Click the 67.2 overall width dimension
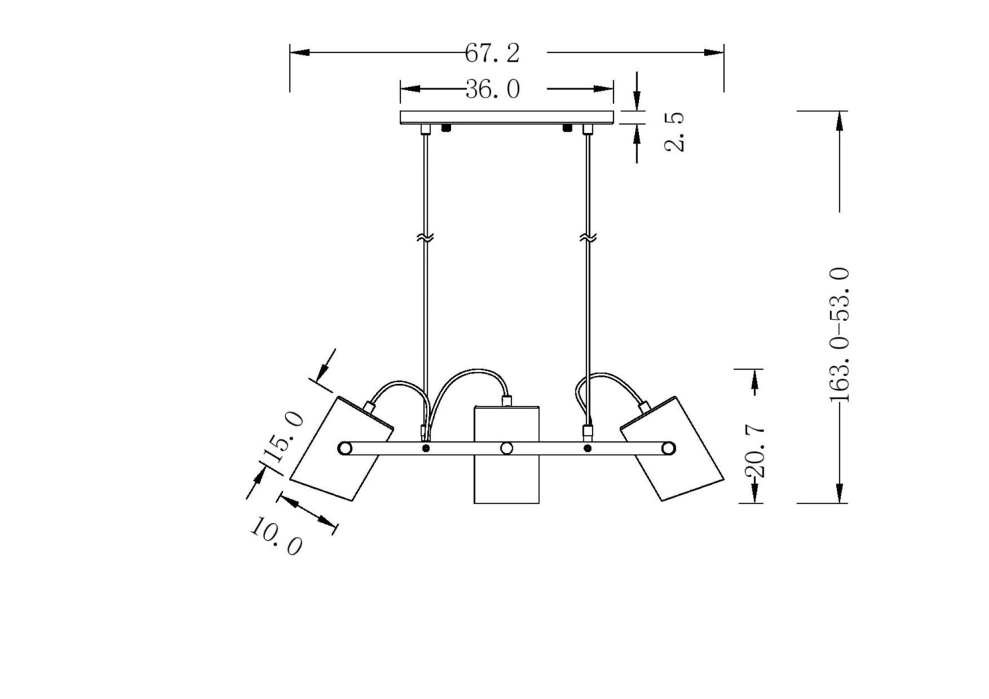492,53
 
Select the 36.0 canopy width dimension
492,89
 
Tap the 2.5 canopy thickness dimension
674,132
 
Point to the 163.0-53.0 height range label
839,335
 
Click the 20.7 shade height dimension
756,451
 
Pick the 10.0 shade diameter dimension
276,536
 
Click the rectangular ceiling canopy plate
506,117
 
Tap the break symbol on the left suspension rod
425,237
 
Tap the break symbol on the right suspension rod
587,237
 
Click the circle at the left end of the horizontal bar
344,449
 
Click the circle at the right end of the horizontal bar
668,449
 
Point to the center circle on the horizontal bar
506,449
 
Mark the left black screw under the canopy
446,127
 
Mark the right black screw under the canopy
567,127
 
